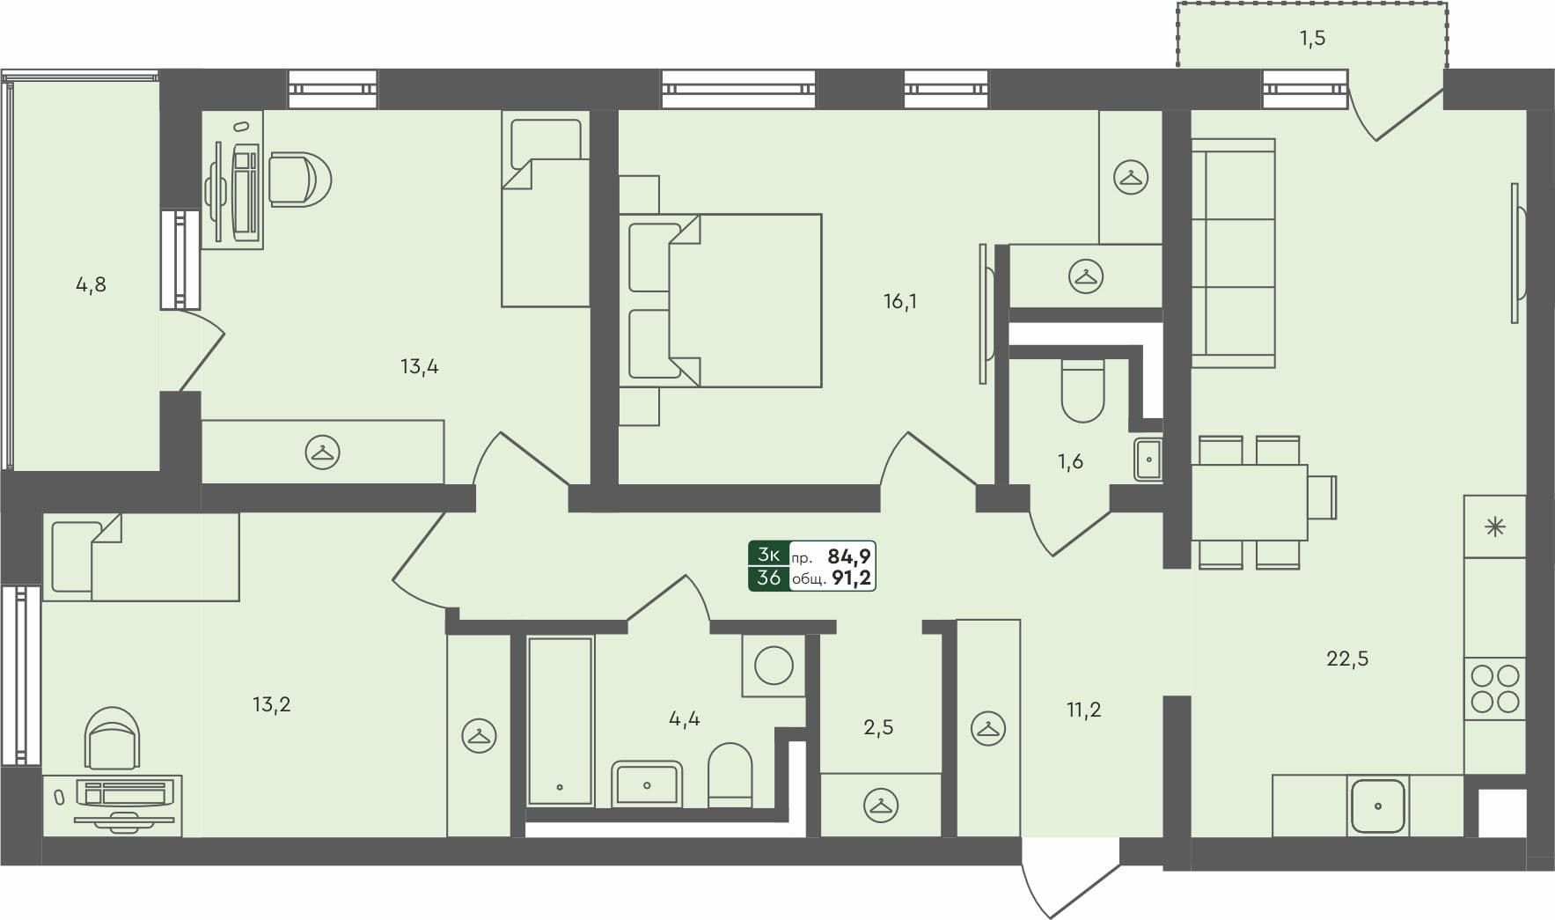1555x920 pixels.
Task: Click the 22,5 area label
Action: point(1346,659)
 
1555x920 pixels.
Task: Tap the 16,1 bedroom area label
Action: point(899,302)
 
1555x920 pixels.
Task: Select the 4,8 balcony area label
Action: point(91,284)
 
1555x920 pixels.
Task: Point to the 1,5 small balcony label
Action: point(1311,39)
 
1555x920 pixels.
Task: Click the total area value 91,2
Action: point(851,578)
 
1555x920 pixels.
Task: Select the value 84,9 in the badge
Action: point(849,556)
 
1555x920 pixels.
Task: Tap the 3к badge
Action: point(768,554)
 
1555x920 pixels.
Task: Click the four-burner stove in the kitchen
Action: point(1495,688)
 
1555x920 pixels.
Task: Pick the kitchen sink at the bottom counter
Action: point(1377,806)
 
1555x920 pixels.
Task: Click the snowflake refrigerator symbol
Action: point(1495,527)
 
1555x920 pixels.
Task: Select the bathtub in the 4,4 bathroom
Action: point(560,720)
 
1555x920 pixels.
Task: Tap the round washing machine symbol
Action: point(774,666)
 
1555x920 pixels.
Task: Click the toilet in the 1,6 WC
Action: point(1082,391)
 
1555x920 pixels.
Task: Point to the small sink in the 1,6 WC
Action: point(1148,459)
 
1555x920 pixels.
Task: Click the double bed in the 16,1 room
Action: point(722,300)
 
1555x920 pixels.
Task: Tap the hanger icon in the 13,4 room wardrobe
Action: point(322,453)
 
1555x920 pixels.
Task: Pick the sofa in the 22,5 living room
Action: point(1232,253)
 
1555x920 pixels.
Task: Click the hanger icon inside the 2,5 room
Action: point(881,805)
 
